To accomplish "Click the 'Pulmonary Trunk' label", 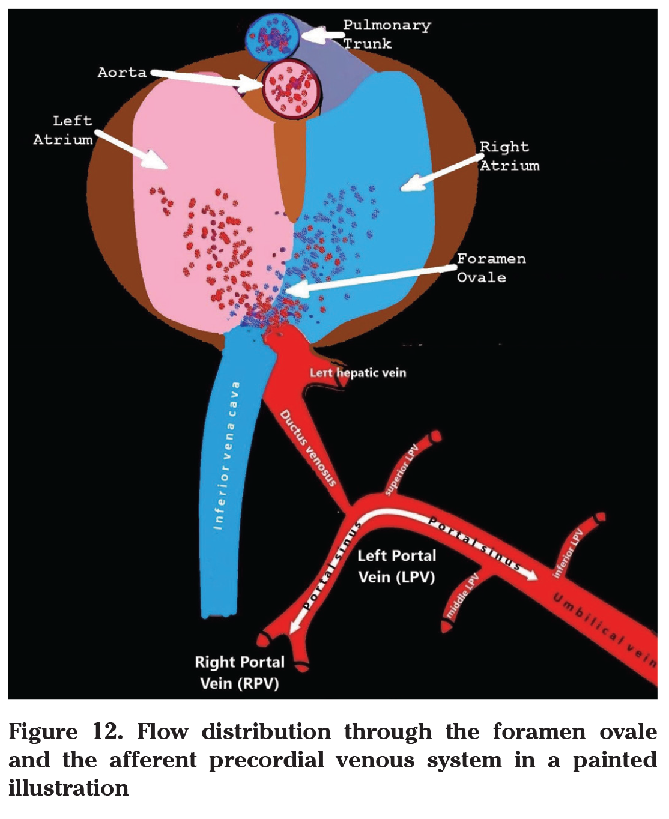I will click(x=386, y=34).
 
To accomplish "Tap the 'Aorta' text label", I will click(x=122, y=73).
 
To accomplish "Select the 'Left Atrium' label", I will click(x=63, y=130).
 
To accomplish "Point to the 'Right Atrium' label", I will click(x=509, y=156).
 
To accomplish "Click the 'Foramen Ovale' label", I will click(x=491, y=268).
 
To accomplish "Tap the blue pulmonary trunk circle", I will click(x=276, y=37).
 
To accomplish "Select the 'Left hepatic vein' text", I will click(x=358, y=373).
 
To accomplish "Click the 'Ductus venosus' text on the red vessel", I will click(x=308, y=447).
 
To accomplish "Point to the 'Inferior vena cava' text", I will click(x=226, y=456).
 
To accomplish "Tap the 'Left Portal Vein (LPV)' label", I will click(x=396, y=566).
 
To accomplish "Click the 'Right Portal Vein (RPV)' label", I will click(x=239, y=672).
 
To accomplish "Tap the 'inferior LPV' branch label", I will click(x=568, y=552).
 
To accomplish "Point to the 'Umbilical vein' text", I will click(x=604, y=625).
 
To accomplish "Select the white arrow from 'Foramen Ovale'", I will click(x=372, y=279).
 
